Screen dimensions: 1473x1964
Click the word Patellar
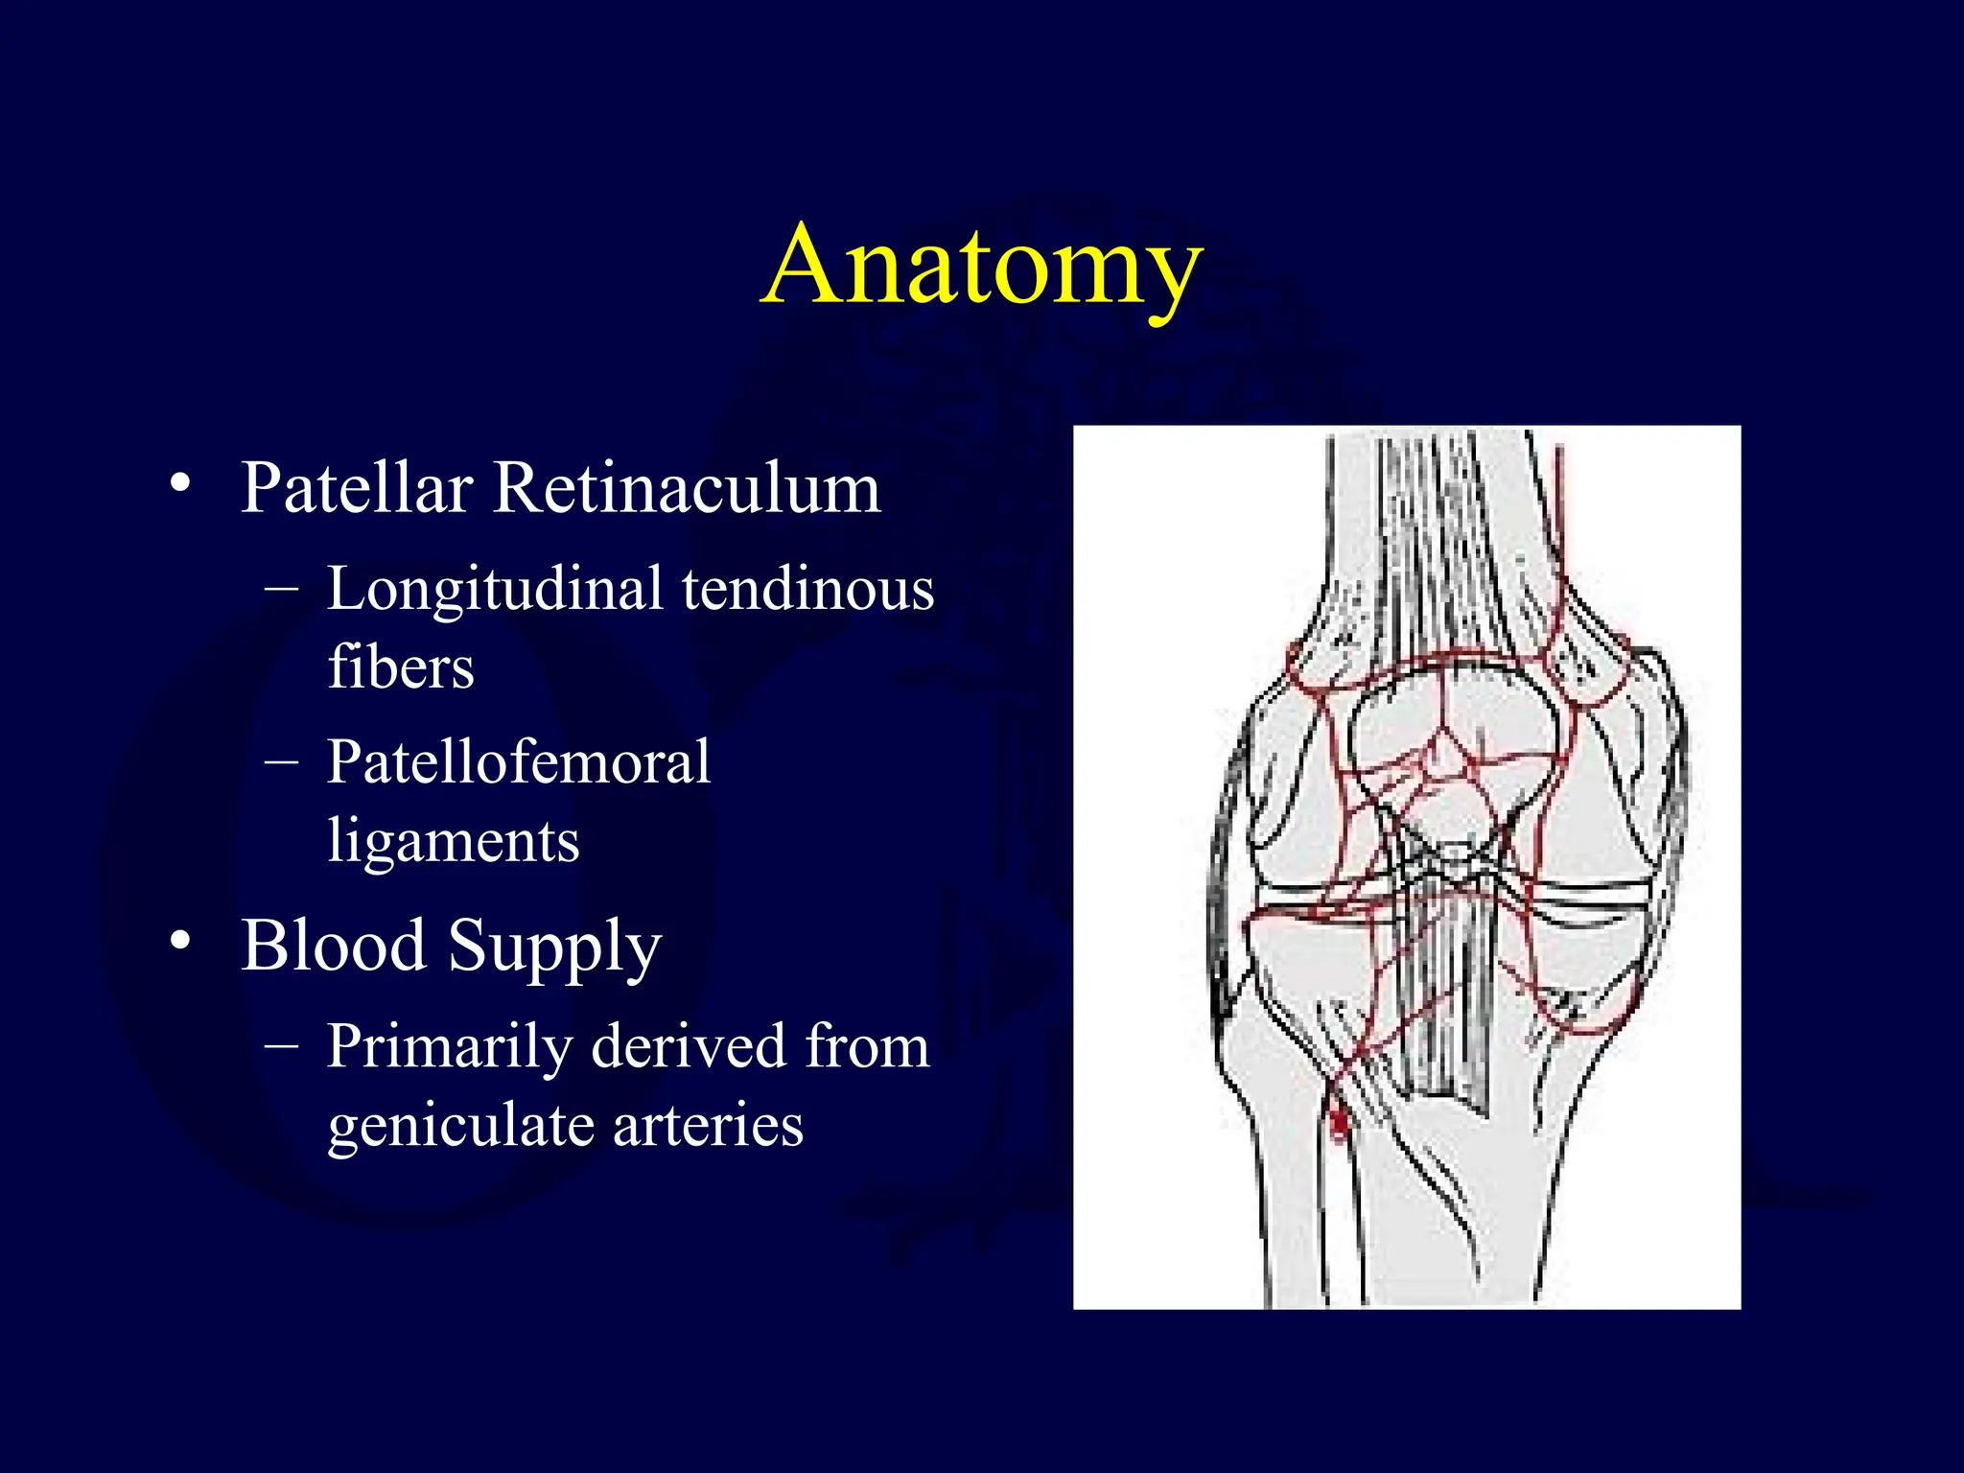click(357, 489)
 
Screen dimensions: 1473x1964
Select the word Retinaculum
click(687, 489)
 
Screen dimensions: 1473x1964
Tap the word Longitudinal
click(495, 589)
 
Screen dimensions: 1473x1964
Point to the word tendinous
click(807, 589)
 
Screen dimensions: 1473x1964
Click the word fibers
click(401, 667)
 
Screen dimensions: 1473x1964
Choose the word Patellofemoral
click(519, 763)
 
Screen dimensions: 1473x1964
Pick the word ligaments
click(454, 842)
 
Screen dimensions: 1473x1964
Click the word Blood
click(333, 946)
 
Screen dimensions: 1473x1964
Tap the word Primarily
click(449, 1047)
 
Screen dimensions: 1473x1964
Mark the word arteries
click(708, 1126)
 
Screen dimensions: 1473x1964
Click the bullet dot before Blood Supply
click(179, 942)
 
